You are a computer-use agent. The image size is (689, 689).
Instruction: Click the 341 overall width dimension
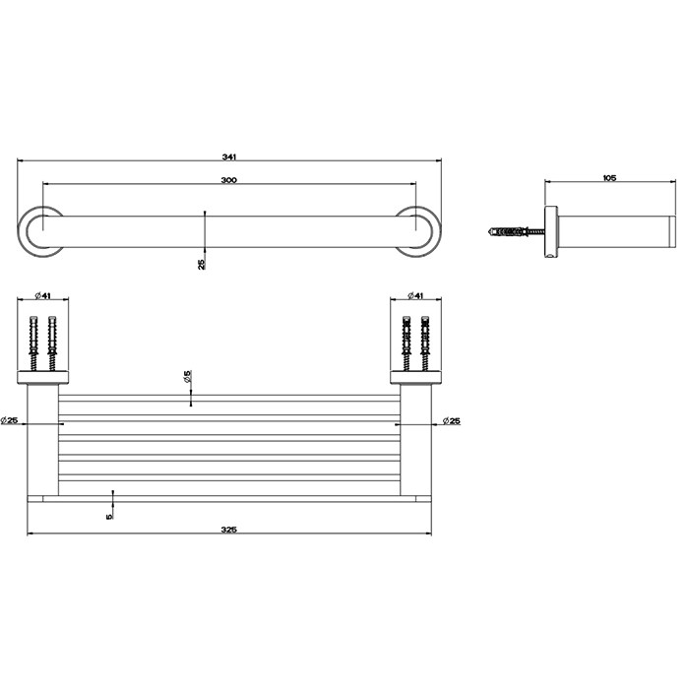tap(228, 157)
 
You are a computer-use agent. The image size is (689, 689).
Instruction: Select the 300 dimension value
tap(228, 180)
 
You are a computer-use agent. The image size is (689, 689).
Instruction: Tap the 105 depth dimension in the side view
tap(607, 178)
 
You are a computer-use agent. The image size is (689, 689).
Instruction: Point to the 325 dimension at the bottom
tap(228, 530)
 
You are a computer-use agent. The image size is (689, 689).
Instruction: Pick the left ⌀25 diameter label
tap(13, 420)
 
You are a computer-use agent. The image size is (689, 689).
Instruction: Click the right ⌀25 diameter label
tap(451, 420)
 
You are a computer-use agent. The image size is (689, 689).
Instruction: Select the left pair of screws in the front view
tap(41, 342)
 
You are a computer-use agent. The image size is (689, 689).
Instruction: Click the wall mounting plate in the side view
tap(551, 232)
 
